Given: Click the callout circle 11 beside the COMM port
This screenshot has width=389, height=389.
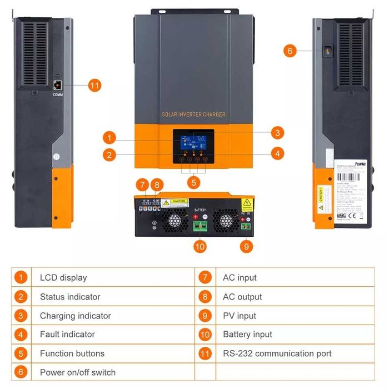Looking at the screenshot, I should click(94, 86).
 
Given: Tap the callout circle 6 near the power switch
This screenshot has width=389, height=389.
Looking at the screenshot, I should click(289, 51).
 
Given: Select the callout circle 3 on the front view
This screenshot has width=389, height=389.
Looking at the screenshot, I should click(277, 133).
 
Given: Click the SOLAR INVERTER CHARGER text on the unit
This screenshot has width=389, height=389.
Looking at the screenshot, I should click(193, 114).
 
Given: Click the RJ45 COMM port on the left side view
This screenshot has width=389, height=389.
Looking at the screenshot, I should click(57, 84).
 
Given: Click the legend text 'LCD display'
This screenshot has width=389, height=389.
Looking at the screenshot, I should click(63, 278).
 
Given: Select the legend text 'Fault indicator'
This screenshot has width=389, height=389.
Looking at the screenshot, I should click(67, 335).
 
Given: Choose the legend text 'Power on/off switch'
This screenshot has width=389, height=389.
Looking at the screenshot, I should click(78, 372).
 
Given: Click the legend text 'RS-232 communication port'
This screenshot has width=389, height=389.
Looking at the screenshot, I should click(277, 353).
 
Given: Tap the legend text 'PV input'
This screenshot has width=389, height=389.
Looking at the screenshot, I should click(240, 316).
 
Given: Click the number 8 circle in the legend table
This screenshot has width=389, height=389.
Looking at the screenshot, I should click(206, 297).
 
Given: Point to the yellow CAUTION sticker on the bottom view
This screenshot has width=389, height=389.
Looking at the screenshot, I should click(178, 202).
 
